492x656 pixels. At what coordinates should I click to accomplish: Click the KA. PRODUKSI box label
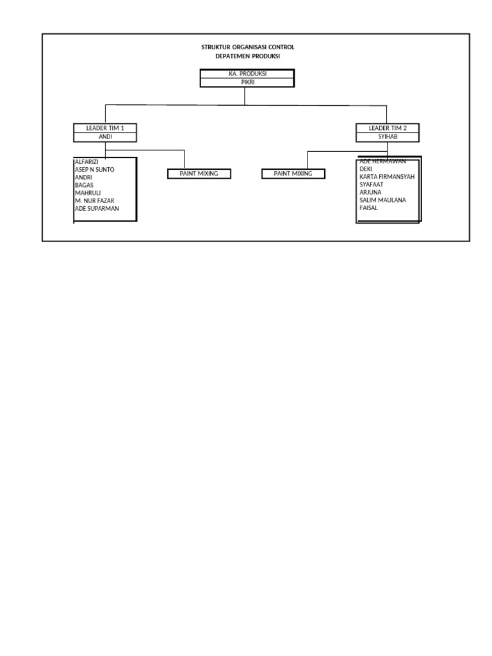pyautogui.click(x=248, y=74)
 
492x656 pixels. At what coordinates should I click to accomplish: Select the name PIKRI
pyautogui.click(x=248, y=83)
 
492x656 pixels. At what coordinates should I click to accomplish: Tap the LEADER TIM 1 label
pyautogui.click(x=105, y=128)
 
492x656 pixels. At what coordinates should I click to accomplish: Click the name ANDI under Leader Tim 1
pyautogui.click(x=106, y=136)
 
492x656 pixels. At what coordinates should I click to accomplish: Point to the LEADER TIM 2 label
pyautogui.click(x=388, y=128)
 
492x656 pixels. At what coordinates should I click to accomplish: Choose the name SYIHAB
pyautogui.click(x=388, y=136)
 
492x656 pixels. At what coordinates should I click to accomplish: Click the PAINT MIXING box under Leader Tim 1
pyautogui.click(x=199, y=174)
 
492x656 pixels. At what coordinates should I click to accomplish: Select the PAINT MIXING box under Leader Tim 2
pyautogui.click(x=293, y=174)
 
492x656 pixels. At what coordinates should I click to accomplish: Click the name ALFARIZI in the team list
pyautogui.click(x=86, y=161)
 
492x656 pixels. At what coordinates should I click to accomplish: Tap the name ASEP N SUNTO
pyautogui.click(x=95, y=169)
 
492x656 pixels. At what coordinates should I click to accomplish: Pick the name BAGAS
pyautogui.click(x=84, y=185)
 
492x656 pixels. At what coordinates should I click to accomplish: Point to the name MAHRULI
pyautogui.click(x=88, y=193)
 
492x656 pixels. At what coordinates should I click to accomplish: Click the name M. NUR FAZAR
pyautogui.click(x=95, y=201)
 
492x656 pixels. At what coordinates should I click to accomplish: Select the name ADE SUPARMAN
pyautogui.click(x=97, y=208)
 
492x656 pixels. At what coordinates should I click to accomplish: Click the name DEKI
pyautogui.click(x=366, y=169)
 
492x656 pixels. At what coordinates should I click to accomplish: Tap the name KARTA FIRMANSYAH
pyautogui.click(x=387, y=177)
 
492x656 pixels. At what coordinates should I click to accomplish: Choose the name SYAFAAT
pyautogui.click(x=372, y=184)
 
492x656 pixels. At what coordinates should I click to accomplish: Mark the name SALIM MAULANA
pyautogui.click(x=383, y=200)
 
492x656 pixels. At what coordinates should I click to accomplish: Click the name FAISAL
pyautogui.click(x=368, y=208)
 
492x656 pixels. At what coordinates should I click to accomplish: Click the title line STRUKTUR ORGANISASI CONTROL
pyautogui.click(x=248, y=47)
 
